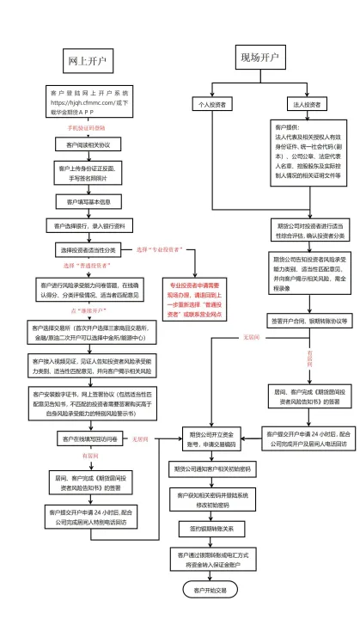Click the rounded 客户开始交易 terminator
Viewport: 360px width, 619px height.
tap(211, 591)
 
